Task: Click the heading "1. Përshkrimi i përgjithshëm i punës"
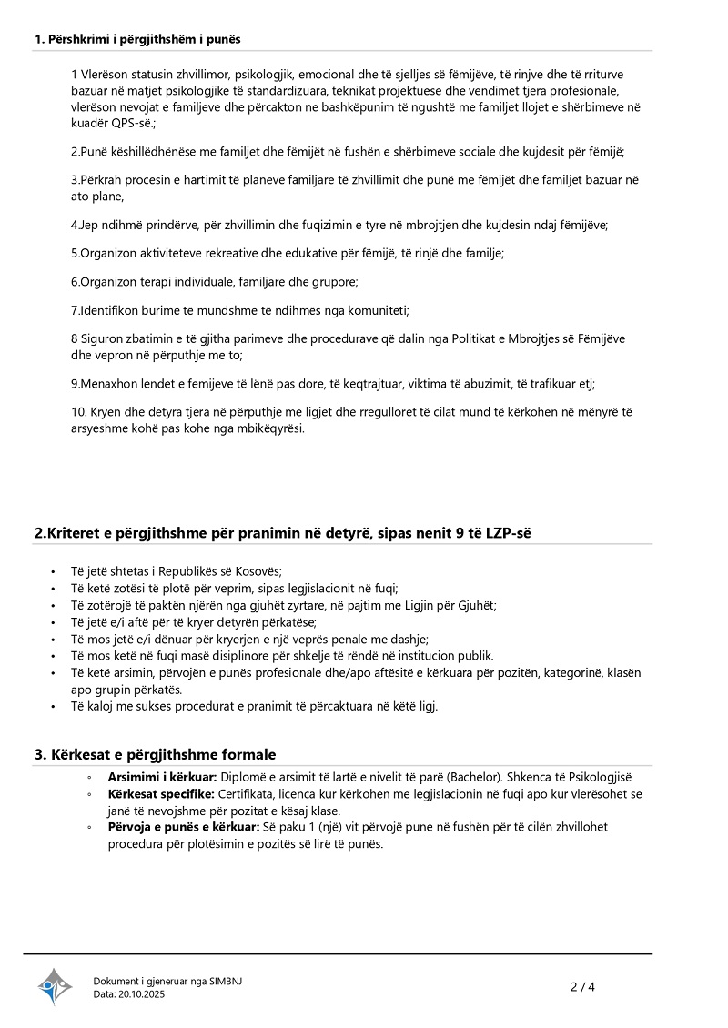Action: pos(137,39)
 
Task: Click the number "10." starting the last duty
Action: pos(78,412)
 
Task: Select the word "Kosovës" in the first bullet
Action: pos(258,571)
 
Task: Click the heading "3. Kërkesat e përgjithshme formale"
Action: pos(155,754)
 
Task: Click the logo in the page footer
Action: pos(55,986)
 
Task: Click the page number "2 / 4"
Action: pos(582,986)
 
